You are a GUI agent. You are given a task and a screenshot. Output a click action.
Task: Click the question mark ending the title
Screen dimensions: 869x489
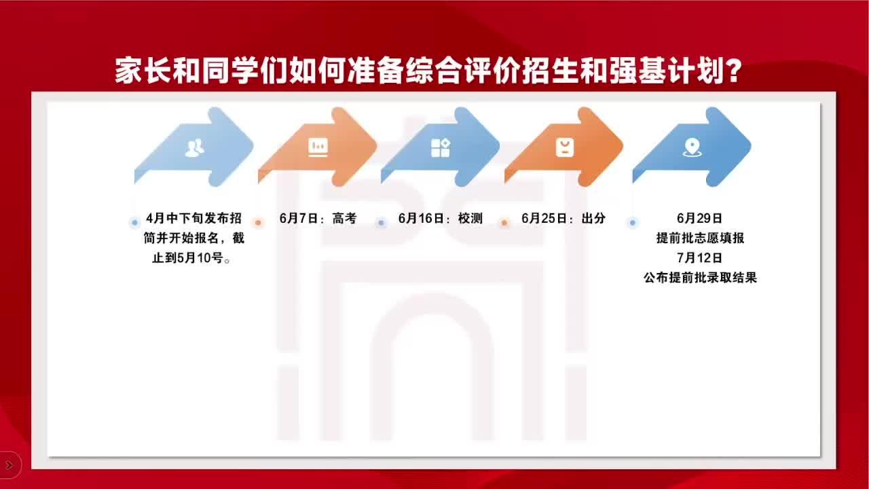[735, 71]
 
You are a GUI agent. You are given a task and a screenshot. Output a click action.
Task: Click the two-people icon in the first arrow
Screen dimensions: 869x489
[194, 148]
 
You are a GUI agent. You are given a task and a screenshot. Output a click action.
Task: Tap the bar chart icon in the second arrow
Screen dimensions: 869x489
[318, 147]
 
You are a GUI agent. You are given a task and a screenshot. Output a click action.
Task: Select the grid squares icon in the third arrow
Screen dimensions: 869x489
[441, 148]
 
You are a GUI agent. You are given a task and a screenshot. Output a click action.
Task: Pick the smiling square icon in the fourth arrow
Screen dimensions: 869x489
[565, 148]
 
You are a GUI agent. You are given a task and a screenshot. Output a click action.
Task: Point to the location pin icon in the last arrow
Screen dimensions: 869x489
[692, 147]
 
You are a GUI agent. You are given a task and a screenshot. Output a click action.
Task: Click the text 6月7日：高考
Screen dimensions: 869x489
[318, 219]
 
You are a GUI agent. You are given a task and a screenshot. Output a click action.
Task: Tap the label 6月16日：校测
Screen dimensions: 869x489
[441, 219]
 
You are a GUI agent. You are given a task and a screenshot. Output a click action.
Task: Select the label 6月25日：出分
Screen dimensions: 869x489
[563, 219]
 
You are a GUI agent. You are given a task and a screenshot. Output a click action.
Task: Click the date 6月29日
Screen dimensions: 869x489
[699, 219]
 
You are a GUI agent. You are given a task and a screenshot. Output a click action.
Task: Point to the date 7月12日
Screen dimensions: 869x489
[699, 257]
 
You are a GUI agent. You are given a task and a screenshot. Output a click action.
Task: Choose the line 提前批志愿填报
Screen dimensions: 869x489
[700, 238]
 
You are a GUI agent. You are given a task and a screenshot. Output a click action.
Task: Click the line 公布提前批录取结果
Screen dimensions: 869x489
[700, 278]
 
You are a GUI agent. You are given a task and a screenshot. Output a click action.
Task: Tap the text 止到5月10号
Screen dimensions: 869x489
[188, 257]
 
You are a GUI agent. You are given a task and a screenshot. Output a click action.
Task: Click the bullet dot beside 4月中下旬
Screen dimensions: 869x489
[134, 223]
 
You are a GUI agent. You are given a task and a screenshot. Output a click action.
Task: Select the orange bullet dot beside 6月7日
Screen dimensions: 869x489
[258, 223]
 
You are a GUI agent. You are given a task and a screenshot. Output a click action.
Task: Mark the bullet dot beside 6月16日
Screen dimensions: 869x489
[382, 223]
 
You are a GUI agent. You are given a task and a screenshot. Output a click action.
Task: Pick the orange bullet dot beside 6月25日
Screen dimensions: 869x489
[504, 223]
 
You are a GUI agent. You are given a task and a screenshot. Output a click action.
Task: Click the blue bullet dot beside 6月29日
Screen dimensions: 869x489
[633, 223]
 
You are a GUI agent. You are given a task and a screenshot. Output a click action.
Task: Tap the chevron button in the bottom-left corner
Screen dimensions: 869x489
[10, 465]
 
